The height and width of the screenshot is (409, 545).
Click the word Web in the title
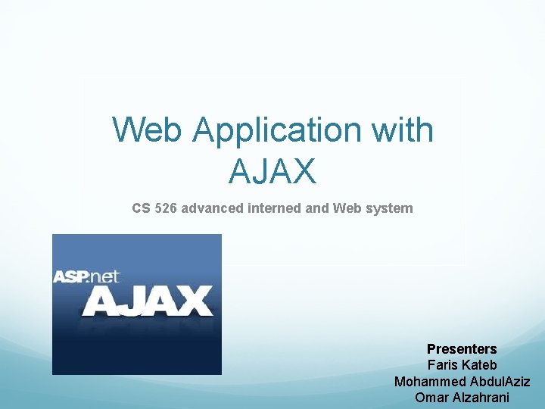148,130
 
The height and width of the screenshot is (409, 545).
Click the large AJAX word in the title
272,171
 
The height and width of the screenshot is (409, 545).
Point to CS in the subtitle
141,208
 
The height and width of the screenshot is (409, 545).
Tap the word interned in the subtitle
274,208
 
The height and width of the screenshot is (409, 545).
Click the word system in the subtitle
391,208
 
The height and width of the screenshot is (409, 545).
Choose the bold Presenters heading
462,349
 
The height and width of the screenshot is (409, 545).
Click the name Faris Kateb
462,365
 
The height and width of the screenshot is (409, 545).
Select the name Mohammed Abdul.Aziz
462,381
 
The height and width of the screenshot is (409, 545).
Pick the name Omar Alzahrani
462,397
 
